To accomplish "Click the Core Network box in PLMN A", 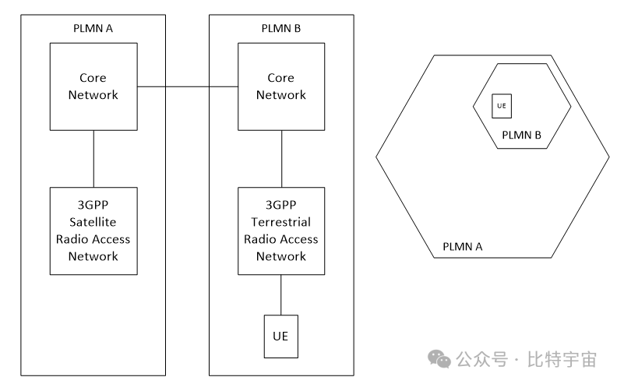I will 93,86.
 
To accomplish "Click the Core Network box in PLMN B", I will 281,86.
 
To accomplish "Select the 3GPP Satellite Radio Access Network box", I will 93,231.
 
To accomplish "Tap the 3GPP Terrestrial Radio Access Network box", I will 281,231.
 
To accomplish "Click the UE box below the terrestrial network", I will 281,336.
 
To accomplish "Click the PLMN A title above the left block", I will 93,30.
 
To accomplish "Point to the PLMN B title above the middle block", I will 281,30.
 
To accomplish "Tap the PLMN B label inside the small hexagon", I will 521,135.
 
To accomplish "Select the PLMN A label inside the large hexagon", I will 463,247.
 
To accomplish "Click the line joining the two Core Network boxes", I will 187,86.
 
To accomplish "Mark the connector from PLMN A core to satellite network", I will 93,158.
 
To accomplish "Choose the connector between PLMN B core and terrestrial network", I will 281,158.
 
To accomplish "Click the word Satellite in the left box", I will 93,222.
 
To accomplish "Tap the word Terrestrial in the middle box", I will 281,222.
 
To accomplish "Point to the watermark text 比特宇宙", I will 560,360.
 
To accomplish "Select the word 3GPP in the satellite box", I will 93,205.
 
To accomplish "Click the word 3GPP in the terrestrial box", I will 281,205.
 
